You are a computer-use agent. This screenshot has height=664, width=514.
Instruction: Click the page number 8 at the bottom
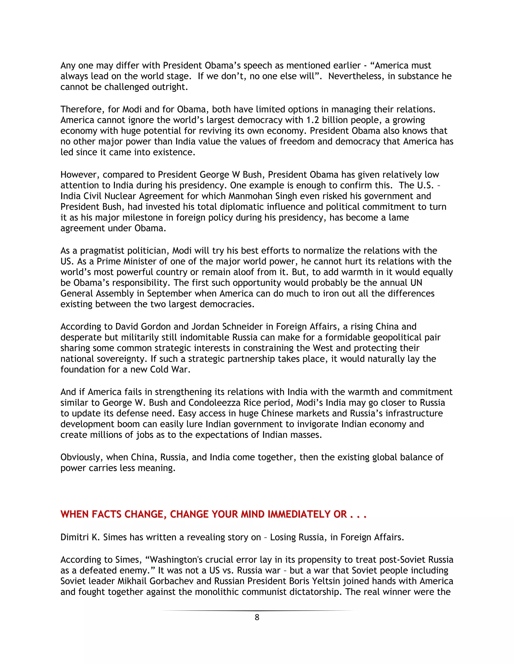click(x=257, y=617)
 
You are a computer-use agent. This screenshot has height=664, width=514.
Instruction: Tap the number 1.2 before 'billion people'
click(x=312, y=120)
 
